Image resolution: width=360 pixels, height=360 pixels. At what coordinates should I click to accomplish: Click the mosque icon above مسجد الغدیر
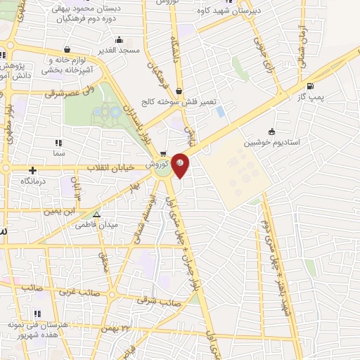pyautogui.click(x=120, y=39)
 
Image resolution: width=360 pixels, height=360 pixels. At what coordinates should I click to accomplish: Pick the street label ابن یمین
pyautogui.click(x=60, y=210)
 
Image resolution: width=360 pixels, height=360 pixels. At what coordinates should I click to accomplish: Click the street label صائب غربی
pyautogui.click(x=76, y=290)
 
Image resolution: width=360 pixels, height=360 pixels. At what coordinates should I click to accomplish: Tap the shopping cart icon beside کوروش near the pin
pyautogui.click(x=163, y=155)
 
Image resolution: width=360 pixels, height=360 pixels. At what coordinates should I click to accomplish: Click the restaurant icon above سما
pyautogui.click(x=58, y=142)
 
